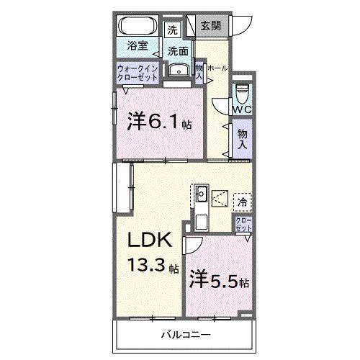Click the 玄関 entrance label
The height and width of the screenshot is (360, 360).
212,27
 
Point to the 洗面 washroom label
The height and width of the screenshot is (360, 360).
178,51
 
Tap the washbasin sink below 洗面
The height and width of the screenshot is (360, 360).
177,69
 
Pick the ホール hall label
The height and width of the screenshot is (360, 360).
218,68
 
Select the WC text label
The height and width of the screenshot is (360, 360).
241,109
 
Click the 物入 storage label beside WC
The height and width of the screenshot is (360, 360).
242,138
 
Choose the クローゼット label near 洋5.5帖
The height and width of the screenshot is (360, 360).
243,224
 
